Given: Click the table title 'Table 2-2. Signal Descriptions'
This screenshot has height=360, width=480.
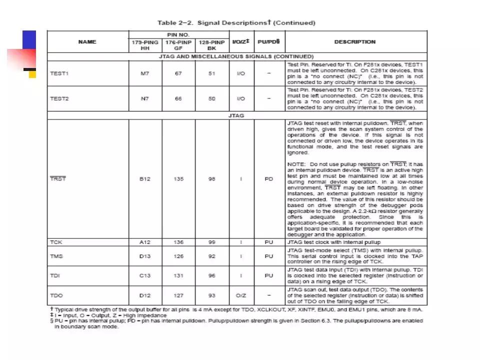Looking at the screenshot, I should tap(236, 22).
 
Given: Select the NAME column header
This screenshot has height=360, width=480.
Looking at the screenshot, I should tap(87, 42).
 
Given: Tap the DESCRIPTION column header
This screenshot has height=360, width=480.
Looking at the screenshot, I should tap(354, 42).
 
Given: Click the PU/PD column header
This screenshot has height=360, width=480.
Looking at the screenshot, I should tap(268, 42).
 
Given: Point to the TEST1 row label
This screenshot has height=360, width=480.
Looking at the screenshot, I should tap(59, 73).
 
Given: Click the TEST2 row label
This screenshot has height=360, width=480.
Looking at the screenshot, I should tap(59, 98).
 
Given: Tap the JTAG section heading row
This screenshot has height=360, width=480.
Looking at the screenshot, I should tap(236, 115).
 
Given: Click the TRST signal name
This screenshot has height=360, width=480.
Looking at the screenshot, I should tap(58, 178).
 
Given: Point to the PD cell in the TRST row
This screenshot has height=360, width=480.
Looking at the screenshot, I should tap(268, 178).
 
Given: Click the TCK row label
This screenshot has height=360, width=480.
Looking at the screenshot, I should tap(56, 242).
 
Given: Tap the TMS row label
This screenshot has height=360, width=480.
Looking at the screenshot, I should tap(56, 256).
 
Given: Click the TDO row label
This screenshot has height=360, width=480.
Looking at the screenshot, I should tap(56, 295).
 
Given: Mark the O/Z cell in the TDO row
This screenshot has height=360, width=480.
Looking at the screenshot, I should tap(241, 295).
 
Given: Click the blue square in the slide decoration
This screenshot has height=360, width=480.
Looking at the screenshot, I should tap(29, 39).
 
